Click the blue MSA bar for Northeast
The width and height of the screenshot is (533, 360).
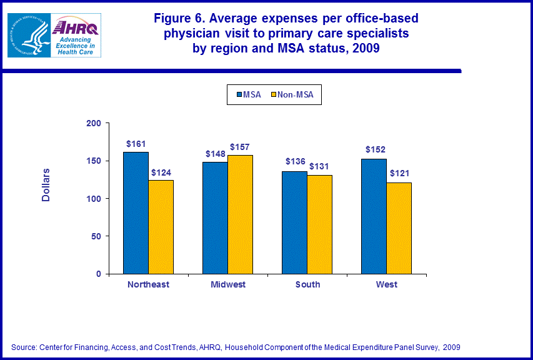coord(136,212)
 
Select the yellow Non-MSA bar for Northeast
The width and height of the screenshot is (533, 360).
coord(161,227)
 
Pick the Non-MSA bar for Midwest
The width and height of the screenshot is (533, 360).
coord(240,214)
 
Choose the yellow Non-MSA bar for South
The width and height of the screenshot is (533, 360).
coord(319,224)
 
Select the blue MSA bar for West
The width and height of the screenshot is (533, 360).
coord(374,216)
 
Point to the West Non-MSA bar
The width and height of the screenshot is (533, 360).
coord(399,228)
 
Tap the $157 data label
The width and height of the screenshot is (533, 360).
coord(240,147)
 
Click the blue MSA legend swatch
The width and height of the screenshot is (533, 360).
coord(239,95)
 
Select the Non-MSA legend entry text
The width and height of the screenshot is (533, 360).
coord(296,95)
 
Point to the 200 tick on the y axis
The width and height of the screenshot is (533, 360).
coord(93,124)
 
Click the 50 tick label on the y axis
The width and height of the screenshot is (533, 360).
coord(96,236)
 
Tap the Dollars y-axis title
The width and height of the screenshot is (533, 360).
coord(46,185)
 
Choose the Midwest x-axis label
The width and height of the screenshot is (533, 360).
coord(227,284)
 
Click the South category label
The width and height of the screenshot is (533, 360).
coord(307,284)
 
